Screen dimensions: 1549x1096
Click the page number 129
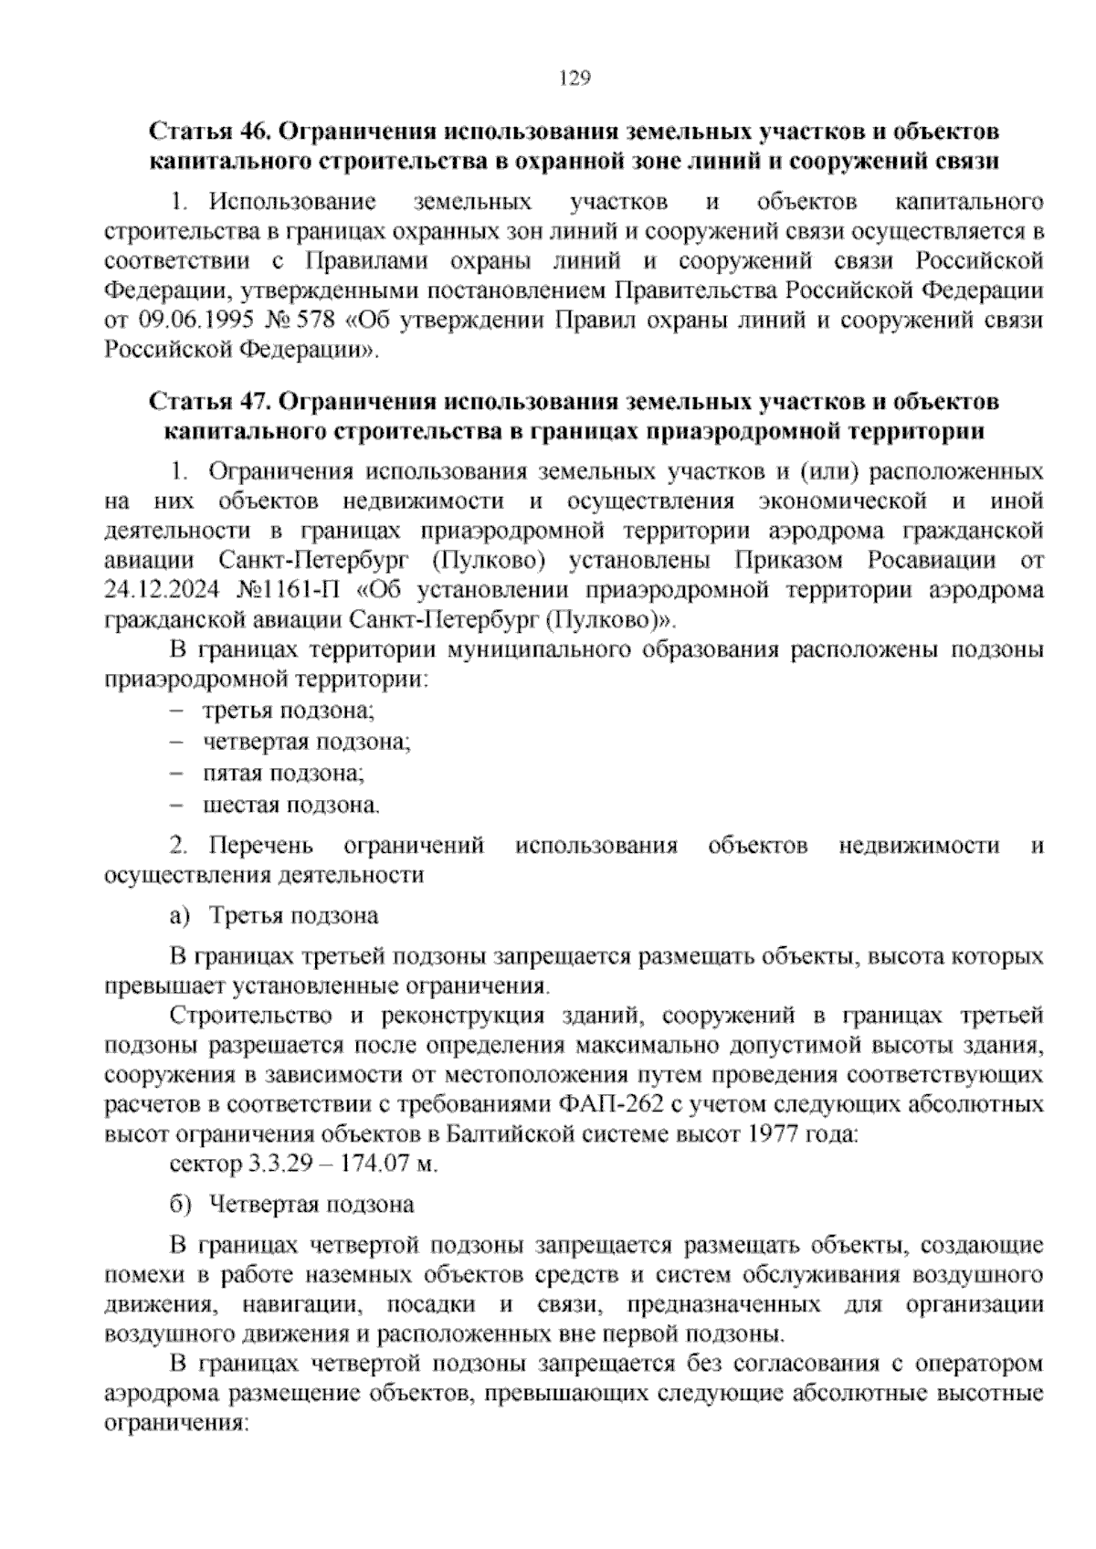point(574,78)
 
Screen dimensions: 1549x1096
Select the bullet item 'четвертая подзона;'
point(307,742)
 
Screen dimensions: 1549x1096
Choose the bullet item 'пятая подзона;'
point(284,774)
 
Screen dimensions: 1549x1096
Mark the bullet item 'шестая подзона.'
point(291,806)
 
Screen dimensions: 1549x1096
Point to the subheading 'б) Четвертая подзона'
point(293,1204)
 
